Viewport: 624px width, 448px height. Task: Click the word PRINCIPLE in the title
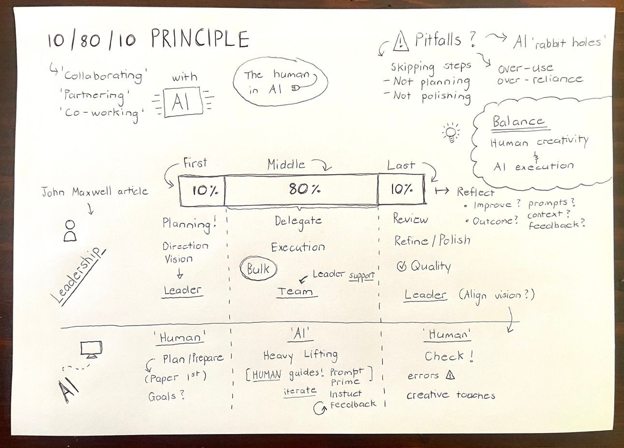pos(200,39)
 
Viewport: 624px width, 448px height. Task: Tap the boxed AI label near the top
pos(180,102)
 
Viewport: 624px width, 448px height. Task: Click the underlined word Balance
pos(518,122)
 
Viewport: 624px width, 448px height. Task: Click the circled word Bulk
pos(258,269)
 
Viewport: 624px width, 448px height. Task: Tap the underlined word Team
pos(295,292)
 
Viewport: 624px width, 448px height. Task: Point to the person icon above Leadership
pos(71,231)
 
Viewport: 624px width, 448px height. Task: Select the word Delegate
pos(298,221)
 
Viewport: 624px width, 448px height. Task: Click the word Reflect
pos(476,192)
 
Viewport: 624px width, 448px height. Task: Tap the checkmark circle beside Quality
pos(401,266)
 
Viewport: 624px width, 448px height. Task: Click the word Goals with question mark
pos(166,397)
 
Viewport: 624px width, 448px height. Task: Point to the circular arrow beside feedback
pos(319,408)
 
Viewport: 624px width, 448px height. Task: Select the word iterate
pos(299,391)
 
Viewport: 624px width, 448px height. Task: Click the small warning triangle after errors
pos(450,375)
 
